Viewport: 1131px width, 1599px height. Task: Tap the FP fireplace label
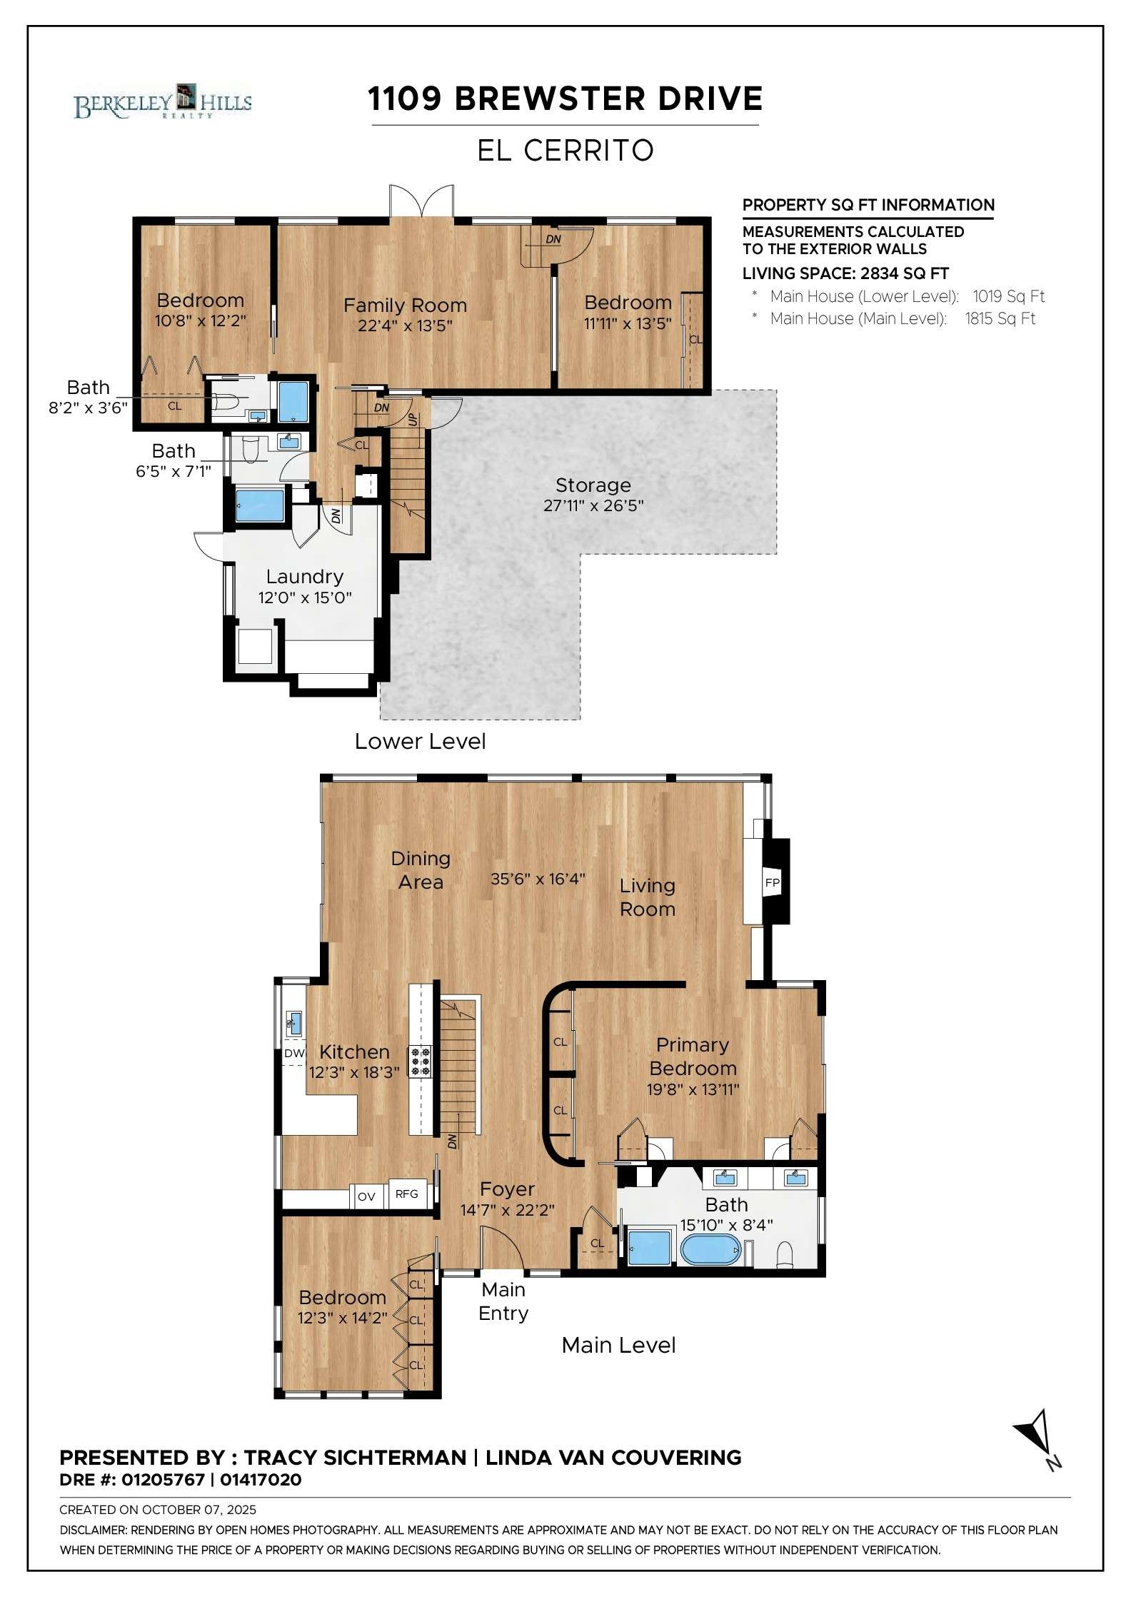(772, 882)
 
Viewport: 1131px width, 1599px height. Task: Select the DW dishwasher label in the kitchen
(294, 1053)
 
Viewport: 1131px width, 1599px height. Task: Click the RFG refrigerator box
(407, 1194)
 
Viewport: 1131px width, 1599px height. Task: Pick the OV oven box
(366, 1196)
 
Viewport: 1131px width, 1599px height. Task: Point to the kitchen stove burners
(420, 1061)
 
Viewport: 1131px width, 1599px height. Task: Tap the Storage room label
(593, 485)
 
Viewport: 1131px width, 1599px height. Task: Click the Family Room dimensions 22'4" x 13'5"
(406, 326)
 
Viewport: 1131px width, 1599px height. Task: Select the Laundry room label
(305, 577)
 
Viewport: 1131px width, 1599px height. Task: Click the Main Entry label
(503, 1301)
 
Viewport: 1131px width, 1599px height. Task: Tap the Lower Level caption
(420, 741)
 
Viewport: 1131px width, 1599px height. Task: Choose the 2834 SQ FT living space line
(845, 273)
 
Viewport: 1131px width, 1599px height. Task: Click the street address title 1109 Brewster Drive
(565, 99)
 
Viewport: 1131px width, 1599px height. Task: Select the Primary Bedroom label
(693, 1056)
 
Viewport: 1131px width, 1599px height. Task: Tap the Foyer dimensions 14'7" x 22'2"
(508, 1210)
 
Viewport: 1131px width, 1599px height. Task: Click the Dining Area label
(421, 870)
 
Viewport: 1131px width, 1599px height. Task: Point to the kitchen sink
(293, 1023)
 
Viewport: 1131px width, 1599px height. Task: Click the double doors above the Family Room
(421, 200)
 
